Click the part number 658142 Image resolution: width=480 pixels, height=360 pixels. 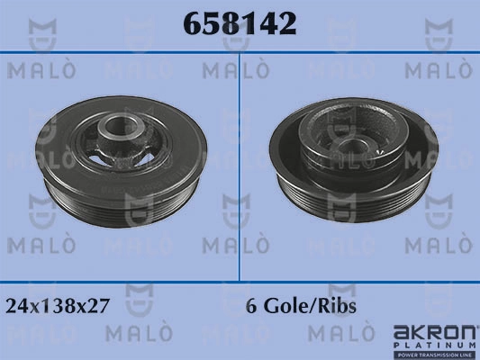[240, 23]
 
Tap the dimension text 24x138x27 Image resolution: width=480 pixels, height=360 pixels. [58, 306]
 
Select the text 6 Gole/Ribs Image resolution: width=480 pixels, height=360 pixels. [301, 306]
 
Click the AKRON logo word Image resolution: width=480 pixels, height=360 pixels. [434, 333]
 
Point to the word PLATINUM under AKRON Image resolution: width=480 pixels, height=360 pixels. [434, 346]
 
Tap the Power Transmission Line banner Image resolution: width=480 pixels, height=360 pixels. [434, 355]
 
